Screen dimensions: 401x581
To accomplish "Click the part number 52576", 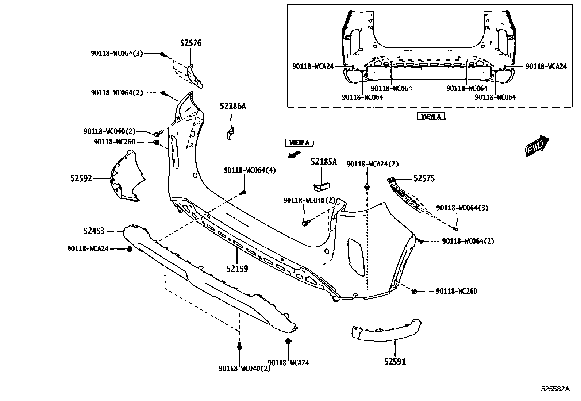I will coord(191,43).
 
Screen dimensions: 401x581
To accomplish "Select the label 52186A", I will coord(233,107).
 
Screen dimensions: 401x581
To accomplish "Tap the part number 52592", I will coord(81,179).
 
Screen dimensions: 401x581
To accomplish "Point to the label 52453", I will coord(94,231).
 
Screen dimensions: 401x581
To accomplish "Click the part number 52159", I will coord(237,269).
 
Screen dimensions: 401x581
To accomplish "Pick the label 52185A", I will coord(324,162).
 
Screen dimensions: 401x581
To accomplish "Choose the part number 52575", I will coord(424,179).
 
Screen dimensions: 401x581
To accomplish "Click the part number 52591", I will coord(395,362).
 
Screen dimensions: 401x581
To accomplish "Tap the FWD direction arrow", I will coord(537,146).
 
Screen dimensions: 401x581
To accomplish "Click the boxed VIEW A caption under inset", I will coord(431,117).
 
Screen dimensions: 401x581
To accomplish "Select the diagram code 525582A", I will coord(555,389).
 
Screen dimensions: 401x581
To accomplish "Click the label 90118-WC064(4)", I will coord(250,170).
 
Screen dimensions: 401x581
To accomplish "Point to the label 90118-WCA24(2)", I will coord(373,164).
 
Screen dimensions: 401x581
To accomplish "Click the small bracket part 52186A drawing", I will coord(230,133).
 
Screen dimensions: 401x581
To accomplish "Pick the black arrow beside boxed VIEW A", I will coord(294,154).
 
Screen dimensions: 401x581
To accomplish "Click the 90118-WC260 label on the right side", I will coord(457,291).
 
